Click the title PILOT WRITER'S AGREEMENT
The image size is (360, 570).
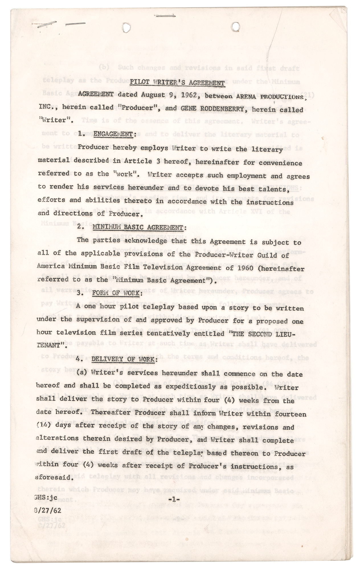point(177,83)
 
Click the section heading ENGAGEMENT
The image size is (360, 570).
point(113,134)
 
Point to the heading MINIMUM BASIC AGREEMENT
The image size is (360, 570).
point(139,227)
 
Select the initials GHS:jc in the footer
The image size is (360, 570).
point(46,498)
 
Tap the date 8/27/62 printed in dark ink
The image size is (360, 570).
point(47,510)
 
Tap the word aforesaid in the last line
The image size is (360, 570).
point(53,477)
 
